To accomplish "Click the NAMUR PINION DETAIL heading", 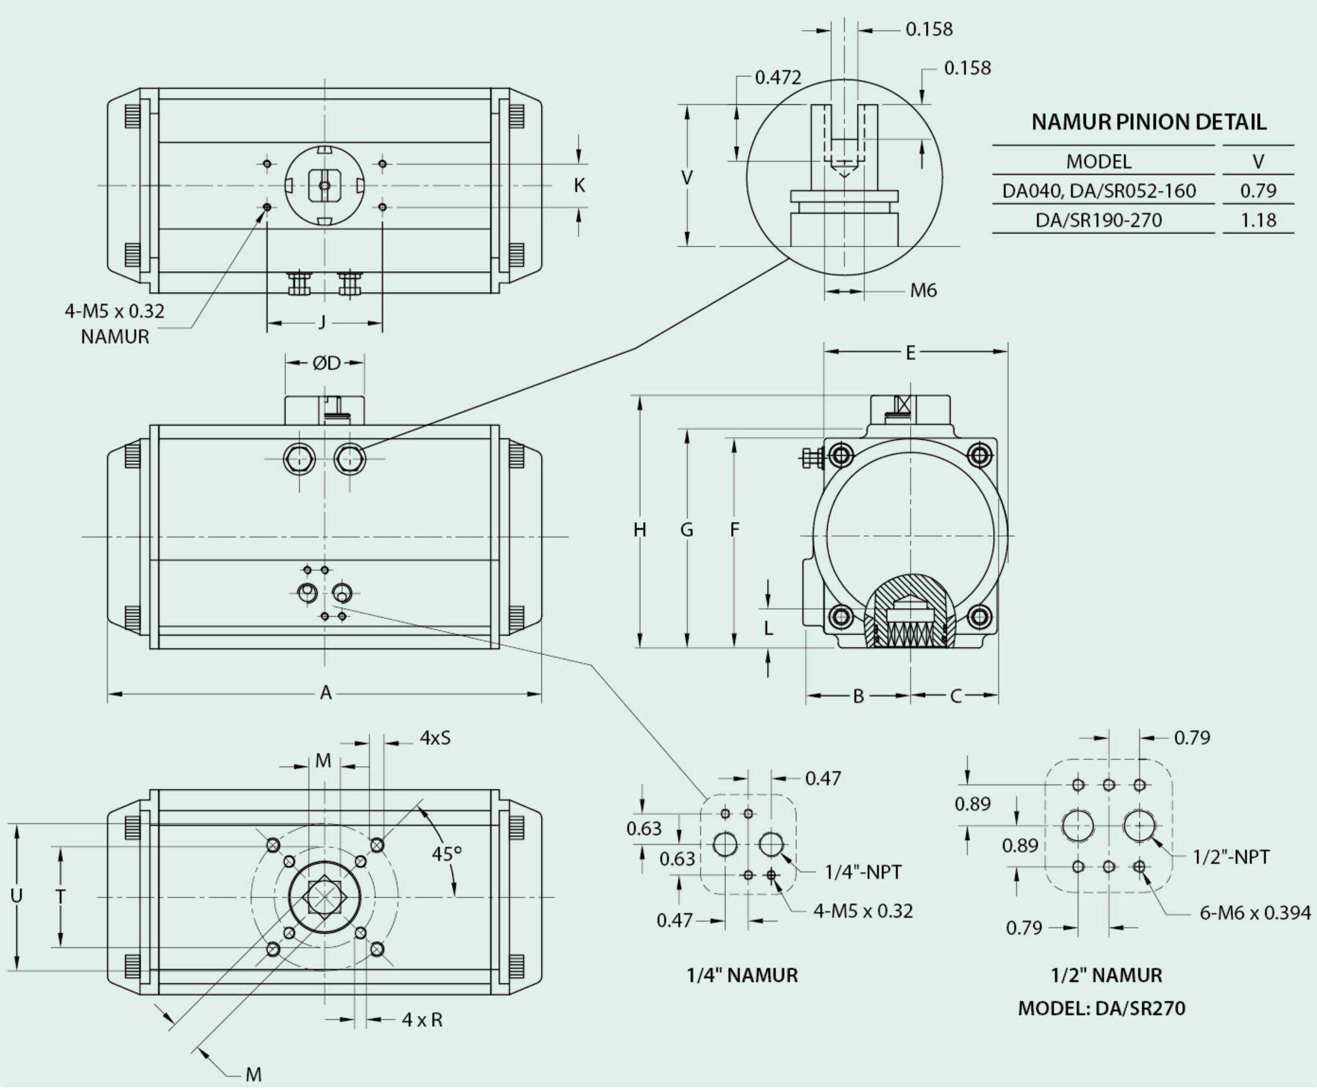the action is click(1149, 122).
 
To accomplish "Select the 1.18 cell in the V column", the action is click(1258, 220).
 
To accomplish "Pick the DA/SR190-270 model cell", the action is click(1099, 220).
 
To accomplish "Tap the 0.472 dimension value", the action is click(778, 77).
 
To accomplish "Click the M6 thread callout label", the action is click(923, 290).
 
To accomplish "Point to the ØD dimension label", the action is click(326, 363).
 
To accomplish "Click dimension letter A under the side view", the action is click(325, 693).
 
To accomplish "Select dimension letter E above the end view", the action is click(910, 353).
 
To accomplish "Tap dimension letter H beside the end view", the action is click(640, 530).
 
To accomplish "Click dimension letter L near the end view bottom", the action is click(768, 628).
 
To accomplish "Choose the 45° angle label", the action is click(447, 854).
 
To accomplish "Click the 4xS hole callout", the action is click(435, 737).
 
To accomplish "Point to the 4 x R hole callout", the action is click(422, 1019).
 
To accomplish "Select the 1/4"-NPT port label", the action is click(863, 872).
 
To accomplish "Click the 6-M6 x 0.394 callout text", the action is click(1255, 913).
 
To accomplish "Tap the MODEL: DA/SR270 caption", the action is click(1102, 1008).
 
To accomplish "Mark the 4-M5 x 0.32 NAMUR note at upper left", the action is click(115, 324).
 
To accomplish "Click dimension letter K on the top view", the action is click(579, 185).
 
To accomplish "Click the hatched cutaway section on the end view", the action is click(910, 612).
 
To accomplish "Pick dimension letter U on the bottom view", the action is click(17, 896).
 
